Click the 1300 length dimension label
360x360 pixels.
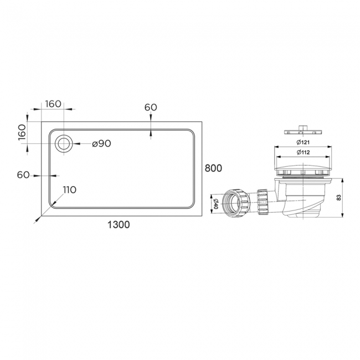[x=118, y=224]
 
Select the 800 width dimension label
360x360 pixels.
[x=214, y=168]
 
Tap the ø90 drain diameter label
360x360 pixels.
[x=101, y=143]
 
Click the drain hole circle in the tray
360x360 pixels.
[x=64, y=143]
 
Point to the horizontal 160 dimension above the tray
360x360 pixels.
[x=53, y=104]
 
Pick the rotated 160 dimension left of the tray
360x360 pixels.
[x=22, y=132]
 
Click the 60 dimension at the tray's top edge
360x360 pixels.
[x=151, y=107]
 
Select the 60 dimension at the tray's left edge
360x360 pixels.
[x=23, y=175]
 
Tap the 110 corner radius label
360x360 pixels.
[x=69, y=190]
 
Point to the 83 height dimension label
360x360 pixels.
[x=339, y=197]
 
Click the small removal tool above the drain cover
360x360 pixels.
[x=302, y=130]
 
